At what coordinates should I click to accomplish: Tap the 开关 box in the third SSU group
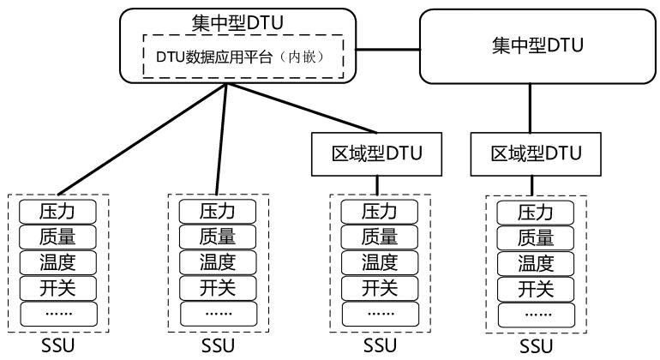pyautogui.click(x=380, y=286)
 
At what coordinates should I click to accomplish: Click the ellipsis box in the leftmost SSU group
pyautogui.click(x=57, y=313)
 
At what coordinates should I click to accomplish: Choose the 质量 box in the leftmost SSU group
pyautogui.click(x=57, y=236)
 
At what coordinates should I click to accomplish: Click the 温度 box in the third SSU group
pyautogui.click(x=380, y=261)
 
